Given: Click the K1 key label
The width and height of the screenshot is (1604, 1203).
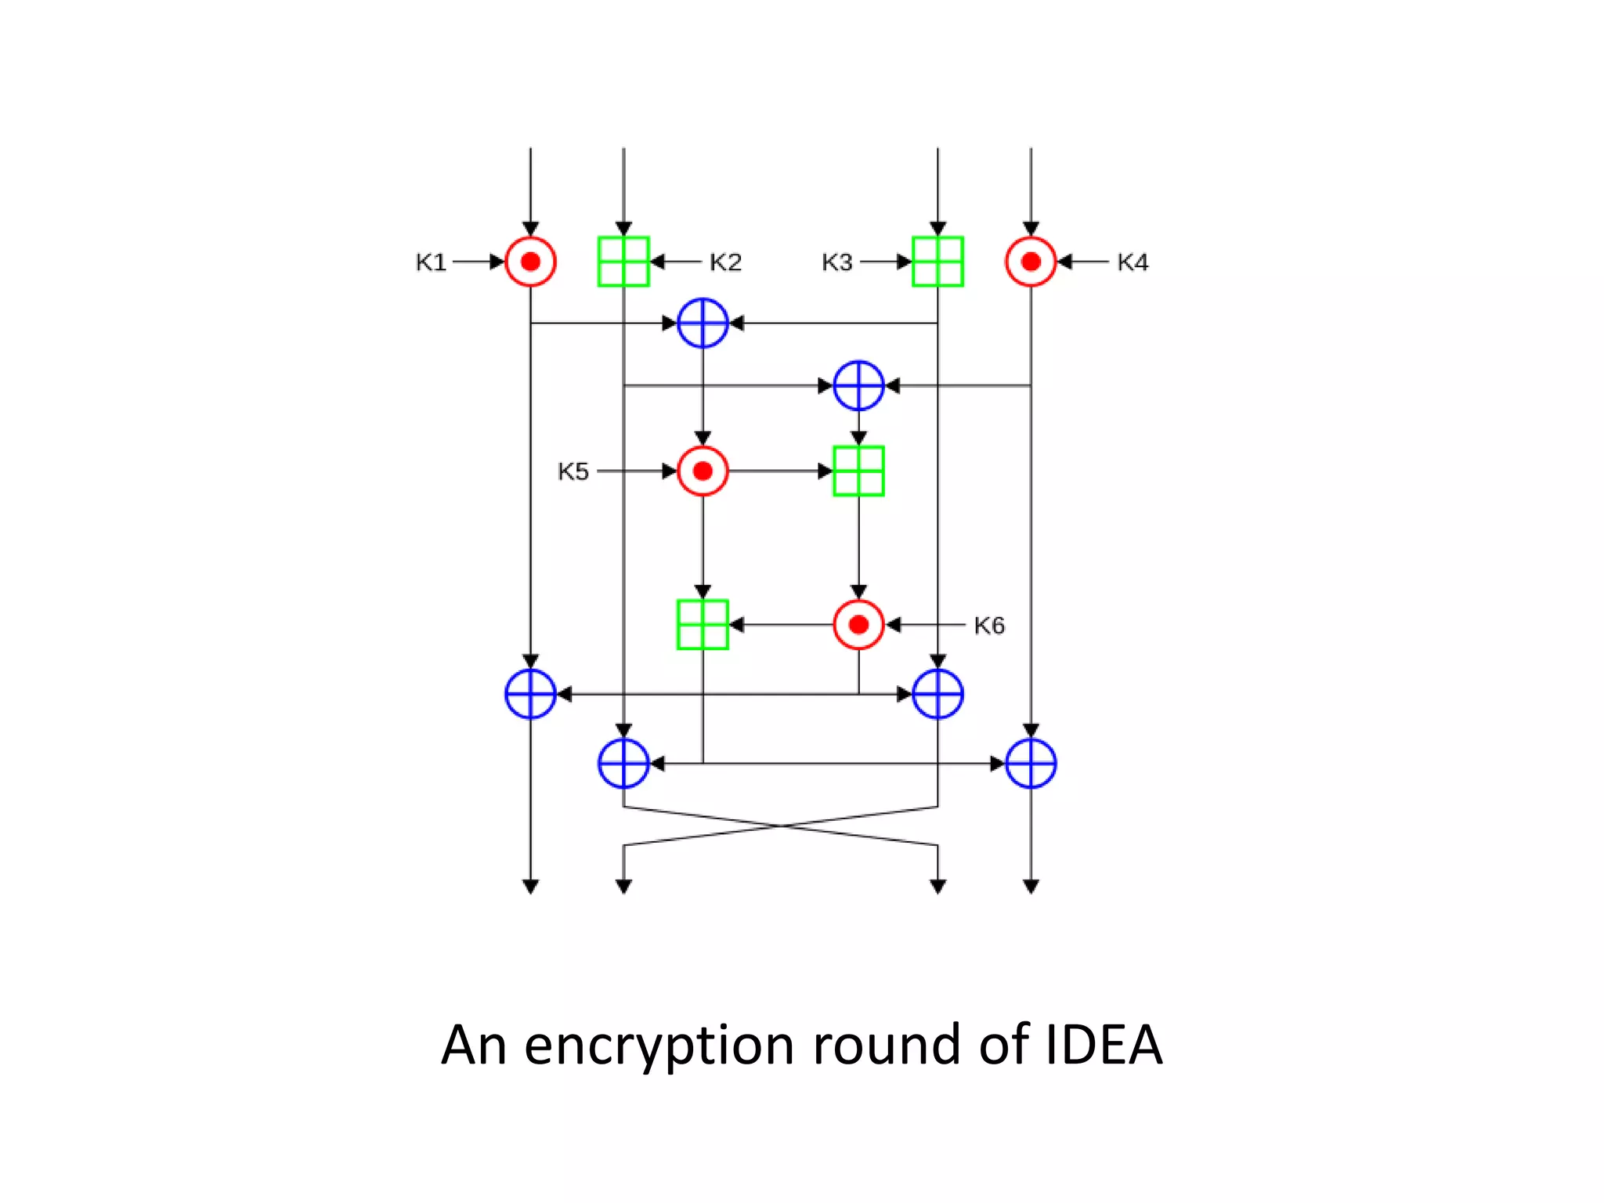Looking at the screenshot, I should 431,262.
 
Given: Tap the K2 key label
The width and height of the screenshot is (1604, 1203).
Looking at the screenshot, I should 725,262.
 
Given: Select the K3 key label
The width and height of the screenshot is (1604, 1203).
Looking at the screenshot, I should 836,262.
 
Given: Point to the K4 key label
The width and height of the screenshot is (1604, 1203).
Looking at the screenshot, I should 1133,262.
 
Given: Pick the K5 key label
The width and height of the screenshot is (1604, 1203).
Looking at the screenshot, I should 573,471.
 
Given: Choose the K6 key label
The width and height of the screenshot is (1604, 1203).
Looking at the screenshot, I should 989,625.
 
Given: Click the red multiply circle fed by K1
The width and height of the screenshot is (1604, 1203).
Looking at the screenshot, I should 530,262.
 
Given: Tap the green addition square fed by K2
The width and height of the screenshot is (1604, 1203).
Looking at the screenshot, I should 623,262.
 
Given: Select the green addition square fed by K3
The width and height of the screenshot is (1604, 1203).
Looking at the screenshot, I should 937,262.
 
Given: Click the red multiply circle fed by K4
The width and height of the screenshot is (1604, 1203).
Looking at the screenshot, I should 1031,262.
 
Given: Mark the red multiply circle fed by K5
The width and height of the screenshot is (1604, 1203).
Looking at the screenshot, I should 703,471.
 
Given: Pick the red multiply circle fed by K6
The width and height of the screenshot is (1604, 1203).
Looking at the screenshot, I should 858,624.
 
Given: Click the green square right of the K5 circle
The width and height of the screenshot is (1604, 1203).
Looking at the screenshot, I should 858,471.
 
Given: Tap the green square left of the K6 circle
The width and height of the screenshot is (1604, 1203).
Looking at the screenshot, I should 703,624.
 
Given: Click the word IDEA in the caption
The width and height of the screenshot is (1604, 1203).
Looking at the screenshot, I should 1104,1045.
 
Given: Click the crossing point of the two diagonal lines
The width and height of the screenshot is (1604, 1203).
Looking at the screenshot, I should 781,825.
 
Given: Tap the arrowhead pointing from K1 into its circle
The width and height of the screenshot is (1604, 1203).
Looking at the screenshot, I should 497,262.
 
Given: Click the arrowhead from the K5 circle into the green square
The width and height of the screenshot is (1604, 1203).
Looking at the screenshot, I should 825,471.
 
